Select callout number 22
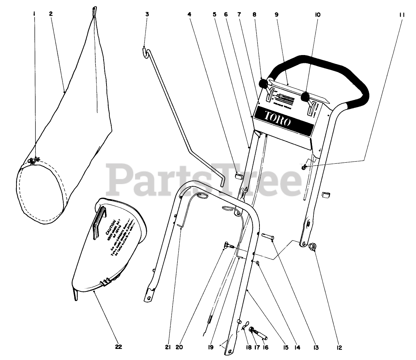119,347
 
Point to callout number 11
402,15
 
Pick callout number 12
339,347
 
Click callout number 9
276,15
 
